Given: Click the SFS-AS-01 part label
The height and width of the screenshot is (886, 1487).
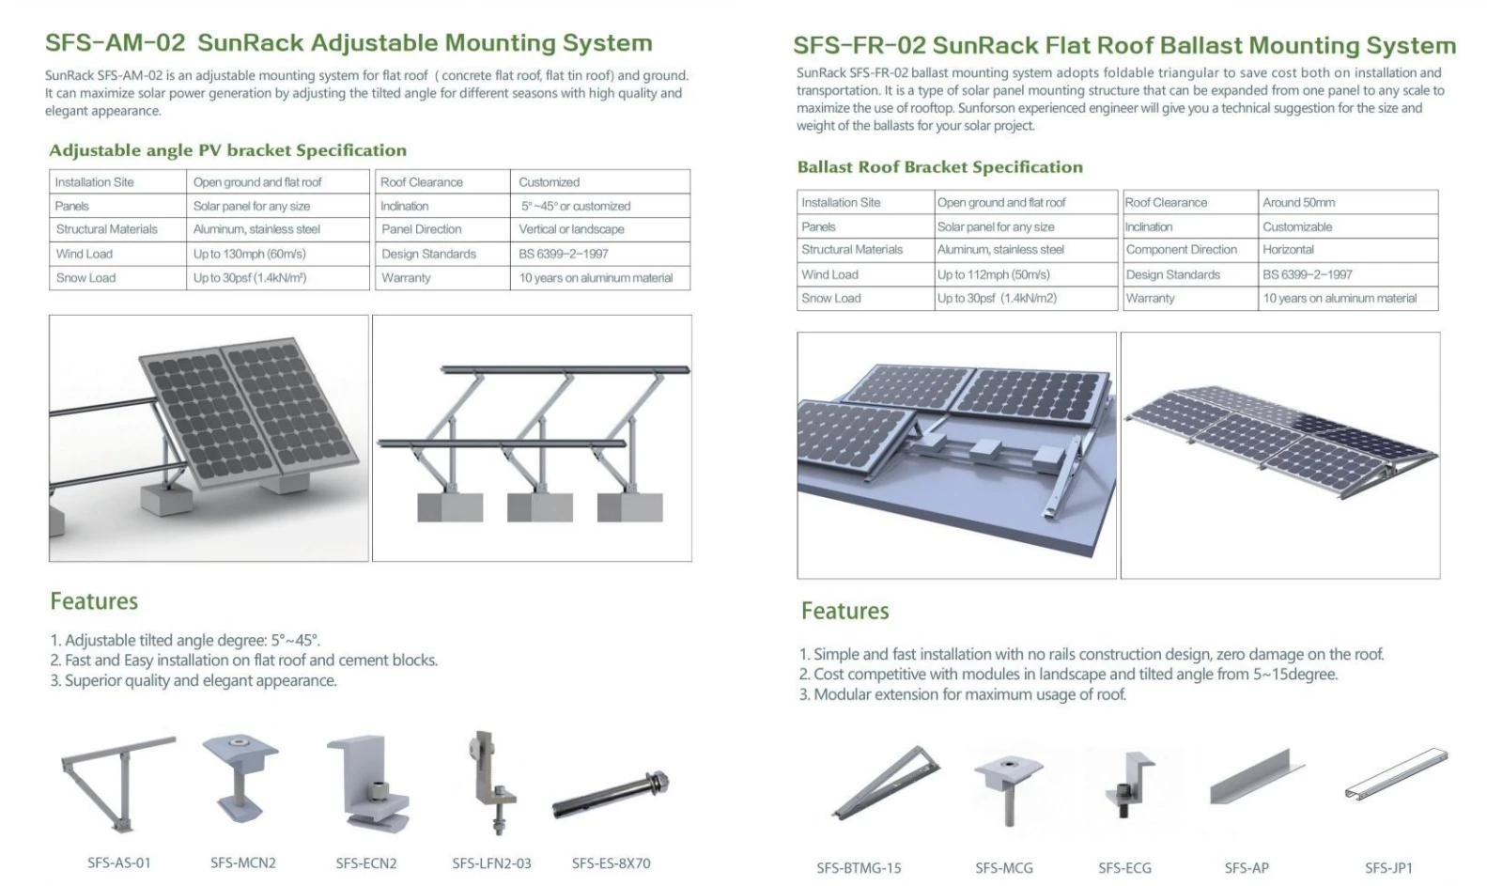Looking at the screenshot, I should pyautogui.click(x=118, y=863).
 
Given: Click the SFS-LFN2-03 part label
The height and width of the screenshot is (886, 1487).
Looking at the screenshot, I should pyautogui.click(x=491, y=863).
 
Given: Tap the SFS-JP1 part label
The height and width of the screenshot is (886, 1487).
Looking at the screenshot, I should pyautogui.click(x=1388, y=868).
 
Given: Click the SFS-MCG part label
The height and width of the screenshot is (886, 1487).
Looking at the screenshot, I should pyautogui.click(x=1003, y=868).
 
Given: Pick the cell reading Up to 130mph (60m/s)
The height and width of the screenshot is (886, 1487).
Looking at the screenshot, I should pyautogui.click(x=250, y=254).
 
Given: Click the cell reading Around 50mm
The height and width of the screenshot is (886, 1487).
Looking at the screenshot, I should pyautogui.click(x=1298, y=202).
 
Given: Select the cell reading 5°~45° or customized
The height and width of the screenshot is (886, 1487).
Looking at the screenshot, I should pyautogui.click(x=576, y=206).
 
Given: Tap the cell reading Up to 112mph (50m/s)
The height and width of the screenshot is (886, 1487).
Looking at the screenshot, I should pyautogui.click(x=993, y=274).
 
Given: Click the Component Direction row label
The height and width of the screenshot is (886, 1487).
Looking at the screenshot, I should pyautogui.click(x=1181, y=250).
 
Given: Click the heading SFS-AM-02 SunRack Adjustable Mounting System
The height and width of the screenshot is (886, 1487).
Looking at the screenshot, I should pyautogui.click(x=349, y=43).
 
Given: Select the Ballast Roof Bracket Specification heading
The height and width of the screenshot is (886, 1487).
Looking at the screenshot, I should pyautogui.click(x=939, y=167).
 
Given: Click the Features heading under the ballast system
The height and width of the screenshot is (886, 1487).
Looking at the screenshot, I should pyautogui.click(x=844, y=611).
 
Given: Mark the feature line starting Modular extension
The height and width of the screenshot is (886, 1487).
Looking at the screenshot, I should pyautogui.click(x=962, y=694).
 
